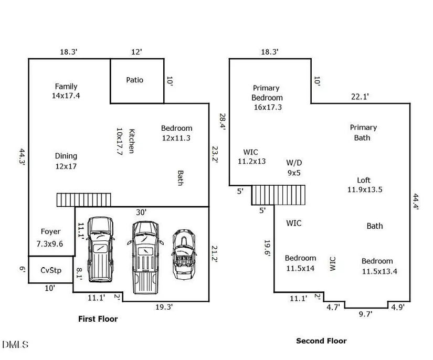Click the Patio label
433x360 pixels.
click(134, 80)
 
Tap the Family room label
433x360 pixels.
click(66, 91)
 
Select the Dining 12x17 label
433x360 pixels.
click(66, 161)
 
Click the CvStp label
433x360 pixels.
click(51, 270)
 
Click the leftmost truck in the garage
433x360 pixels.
click(100, 247)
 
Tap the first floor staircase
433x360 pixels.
click(84, 199)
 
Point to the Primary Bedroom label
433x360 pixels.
click(267, 97)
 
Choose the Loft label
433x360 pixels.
click(364, 185)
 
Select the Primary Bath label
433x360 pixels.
click(363, 132)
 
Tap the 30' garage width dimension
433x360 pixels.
click(141, 212)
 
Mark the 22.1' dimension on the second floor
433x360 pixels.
click(360, 96)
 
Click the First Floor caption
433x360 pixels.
click(98, 319)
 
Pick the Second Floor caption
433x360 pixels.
click(321, 341)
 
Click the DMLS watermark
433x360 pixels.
click(15, 345)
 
